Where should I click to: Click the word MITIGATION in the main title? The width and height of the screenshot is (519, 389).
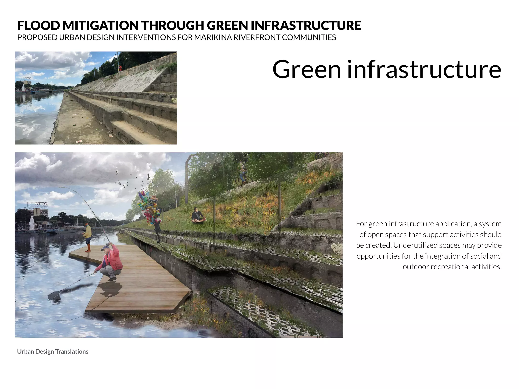tap(100, 25)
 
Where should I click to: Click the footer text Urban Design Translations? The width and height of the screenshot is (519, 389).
tap(53, 352)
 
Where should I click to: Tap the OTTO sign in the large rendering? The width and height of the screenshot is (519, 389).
tap(41, 204)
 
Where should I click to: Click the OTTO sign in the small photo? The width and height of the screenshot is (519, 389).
tap(28, 79)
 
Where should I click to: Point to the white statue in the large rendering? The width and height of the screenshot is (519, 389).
tap(32, 223)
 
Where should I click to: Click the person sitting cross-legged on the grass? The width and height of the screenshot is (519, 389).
tap(197, 215)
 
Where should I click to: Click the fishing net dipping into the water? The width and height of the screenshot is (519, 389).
tap(54, 295)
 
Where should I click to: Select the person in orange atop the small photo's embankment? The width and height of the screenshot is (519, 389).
tap(120, 68)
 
